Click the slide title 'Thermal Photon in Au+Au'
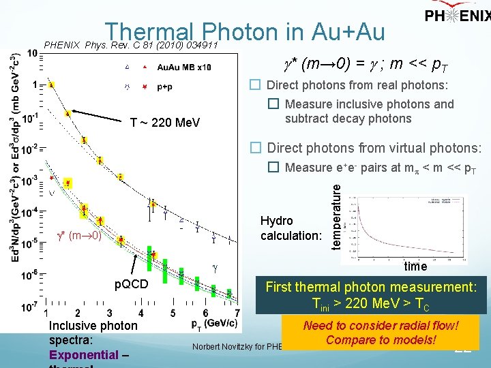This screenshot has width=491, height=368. (245, 32)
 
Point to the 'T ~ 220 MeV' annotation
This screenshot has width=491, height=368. (164, 123)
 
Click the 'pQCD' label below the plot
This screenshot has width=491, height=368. (130, 284)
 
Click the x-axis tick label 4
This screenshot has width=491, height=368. (140, 312)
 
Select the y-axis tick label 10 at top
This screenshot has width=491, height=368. (33, 53)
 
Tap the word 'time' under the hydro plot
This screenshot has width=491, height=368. (416, 266)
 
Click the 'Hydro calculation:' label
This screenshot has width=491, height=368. (291, 228)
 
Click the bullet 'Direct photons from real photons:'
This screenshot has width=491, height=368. (357, 85)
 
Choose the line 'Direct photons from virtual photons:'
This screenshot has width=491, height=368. (374, 148)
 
